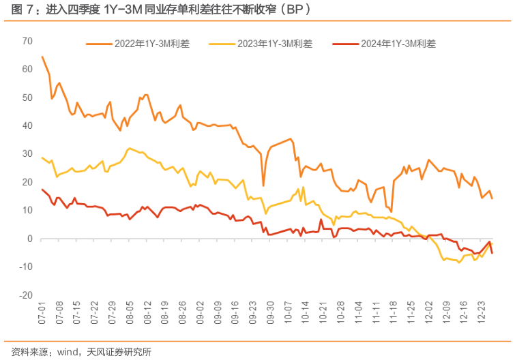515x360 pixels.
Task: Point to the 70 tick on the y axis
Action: coord(27,41)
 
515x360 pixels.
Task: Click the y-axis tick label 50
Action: coord(27,97)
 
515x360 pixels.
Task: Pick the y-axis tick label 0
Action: coord(30,239)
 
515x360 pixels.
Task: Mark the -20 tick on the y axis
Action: coord(26,296)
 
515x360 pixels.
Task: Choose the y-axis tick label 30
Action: coord(27,154)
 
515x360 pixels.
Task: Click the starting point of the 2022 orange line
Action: coord(42,57)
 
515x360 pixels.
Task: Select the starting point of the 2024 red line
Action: coord(42,190)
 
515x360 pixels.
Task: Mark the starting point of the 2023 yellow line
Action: coord(42,157)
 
